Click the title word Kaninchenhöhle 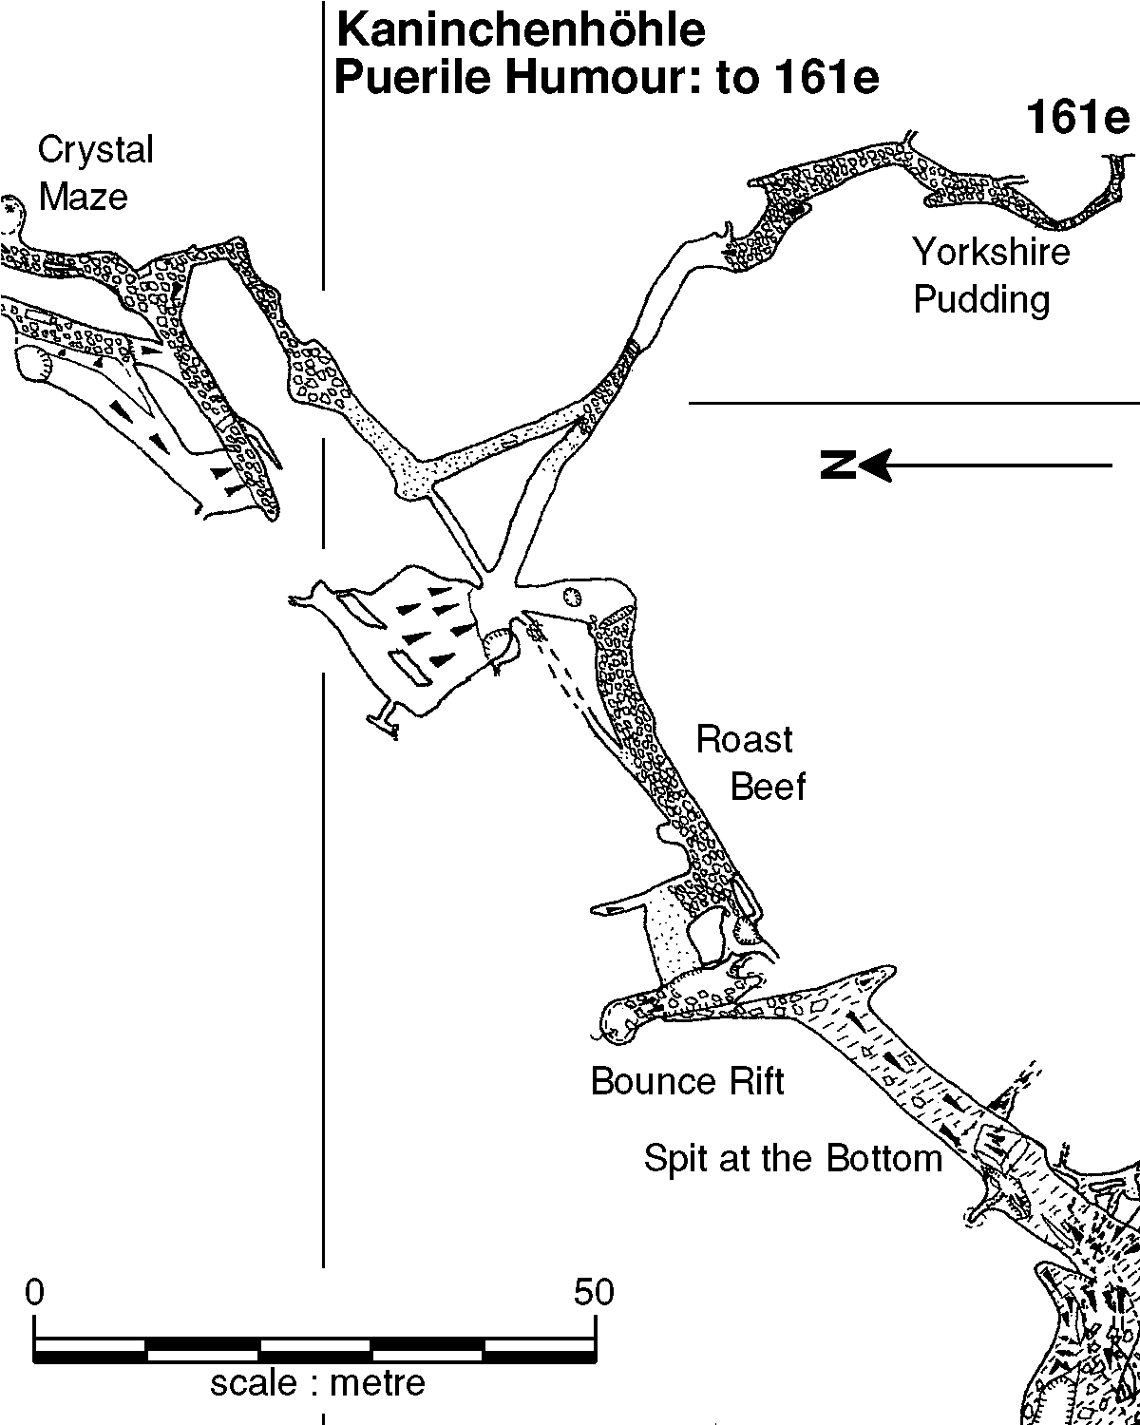click(x=522, y=31)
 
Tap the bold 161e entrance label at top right click(x=1076, y=121)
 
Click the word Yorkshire click(x=991, y=253)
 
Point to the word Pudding click(x=981, y=300)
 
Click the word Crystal click(x=95, y=150)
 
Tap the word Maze click(x=83, y=198)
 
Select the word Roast click(x=744, y=739)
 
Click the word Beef click(x=768, y=787)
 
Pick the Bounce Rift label click(x=688, y=1081)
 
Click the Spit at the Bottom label click(x=793, y=1159)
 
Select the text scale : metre click(x=317, y=1384)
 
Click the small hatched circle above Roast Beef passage click(x=571, y=597)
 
